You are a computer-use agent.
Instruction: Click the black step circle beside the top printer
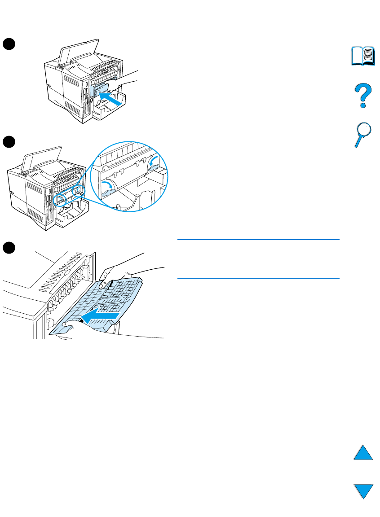point(9,43)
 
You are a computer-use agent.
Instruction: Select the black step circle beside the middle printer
point(9,142)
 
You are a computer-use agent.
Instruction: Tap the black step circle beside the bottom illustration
point(9,248)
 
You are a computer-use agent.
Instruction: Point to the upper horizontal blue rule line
point(258,240)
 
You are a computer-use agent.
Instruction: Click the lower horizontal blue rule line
point(258,278)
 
